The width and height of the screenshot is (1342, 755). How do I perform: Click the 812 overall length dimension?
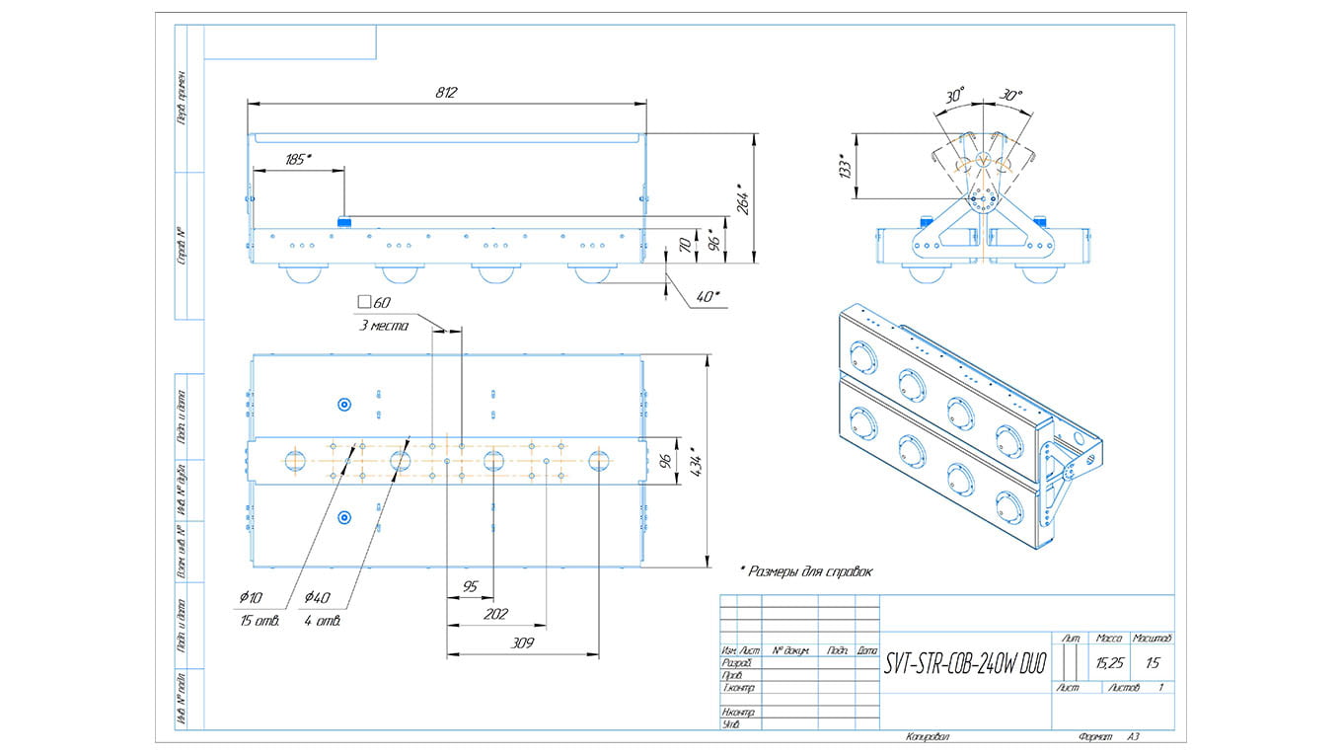click(446, 92)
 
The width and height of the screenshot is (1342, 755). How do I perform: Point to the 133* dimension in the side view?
click(844, 165)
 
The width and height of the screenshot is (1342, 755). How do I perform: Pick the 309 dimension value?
click(522, 643)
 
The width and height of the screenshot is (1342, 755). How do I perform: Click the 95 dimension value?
click(470, 586)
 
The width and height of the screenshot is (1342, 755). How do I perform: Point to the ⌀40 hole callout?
click(317, 597)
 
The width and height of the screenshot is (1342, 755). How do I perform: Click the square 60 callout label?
click(375, 302)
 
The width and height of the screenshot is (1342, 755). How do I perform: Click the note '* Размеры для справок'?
click(806, 570)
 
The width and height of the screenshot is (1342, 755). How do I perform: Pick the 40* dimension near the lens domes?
click(708, 296)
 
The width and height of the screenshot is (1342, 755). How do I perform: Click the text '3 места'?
click(382, 326)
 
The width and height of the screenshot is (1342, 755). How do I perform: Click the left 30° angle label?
click(954, 96)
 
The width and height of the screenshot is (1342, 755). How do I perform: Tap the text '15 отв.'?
click(260, 621)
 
